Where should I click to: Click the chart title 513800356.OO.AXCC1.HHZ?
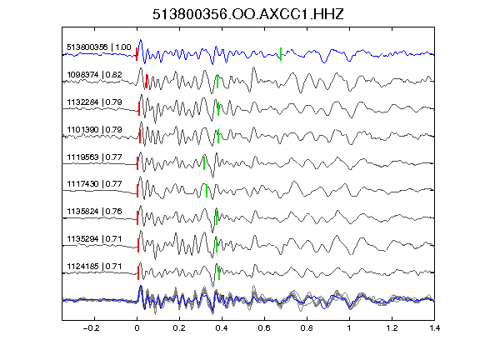coord(248,14)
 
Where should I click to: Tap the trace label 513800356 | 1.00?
coord(99,47)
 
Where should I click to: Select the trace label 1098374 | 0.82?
coord(94,75)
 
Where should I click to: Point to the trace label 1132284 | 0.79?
coord(94,102)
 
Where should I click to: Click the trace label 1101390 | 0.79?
coord(94,130)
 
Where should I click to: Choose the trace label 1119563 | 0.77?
coord(94,157)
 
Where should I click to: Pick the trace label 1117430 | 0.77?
coord(94,184)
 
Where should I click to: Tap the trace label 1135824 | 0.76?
coord(94,212)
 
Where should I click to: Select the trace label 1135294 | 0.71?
coord(94,239)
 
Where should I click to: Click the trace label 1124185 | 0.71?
coord(94,267)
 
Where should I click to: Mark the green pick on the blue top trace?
coord(281,54)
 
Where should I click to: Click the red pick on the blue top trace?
coord(137,54)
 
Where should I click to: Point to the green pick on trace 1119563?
coord(204,162)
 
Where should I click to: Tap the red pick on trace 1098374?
coord(147,81)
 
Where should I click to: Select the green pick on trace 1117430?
coord(207,191)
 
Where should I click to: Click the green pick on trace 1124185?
coord(219,272)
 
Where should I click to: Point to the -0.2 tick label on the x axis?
coord(92,328)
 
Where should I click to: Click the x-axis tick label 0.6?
coord(264,328)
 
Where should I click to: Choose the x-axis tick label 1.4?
coord(434,328)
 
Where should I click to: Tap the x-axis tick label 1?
coord(349,328)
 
